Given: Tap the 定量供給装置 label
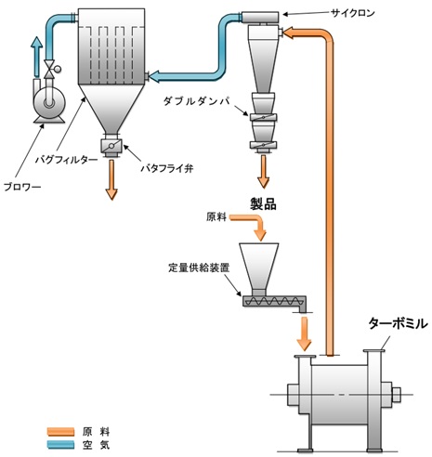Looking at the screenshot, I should click(193, 267).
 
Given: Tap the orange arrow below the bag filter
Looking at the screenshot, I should click(111, 178).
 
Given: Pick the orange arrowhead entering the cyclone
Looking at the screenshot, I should click(291, 35).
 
